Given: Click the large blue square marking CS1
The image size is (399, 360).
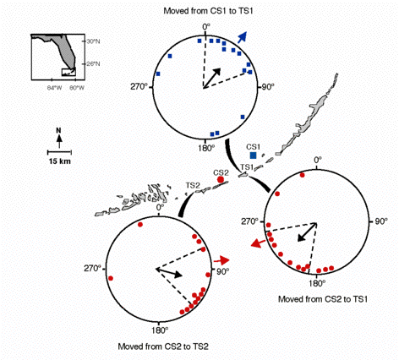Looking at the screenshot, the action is pos(253,155).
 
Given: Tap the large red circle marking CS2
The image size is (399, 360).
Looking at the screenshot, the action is pos(221,179).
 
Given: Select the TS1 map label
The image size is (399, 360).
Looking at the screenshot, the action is pos(247,167).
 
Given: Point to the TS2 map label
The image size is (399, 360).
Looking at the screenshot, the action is pos(193,185).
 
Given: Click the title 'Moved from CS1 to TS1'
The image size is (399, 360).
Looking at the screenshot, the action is pos(208,11).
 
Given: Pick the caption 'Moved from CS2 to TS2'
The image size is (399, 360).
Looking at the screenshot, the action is pos(163,346).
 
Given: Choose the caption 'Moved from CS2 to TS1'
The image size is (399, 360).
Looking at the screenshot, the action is pos(323,299).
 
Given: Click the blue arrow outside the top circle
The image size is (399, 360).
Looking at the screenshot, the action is pos(242,37).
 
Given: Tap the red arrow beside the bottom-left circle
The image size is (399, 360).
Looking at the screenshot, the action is pos(221,260).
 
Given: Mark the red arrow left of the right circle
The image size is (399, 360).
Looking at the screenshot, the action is pos(258,243).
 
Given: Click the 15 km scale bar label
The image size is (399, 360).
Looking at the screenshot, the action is pos(59,161).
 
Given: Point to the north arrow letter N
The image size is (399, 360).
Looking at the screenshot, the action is pos(58,130).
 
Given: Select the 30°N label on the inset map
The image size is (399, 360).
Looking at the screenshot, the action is pos(93,41).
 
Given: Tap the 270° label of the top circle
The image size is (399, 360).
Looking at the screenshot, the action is pos(139,86).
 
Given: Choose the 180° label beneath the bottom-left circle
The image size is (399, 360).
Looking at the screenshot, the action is pos(160,330).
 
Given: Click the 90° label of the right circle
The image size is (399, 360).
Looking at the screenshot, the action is pos(380,221).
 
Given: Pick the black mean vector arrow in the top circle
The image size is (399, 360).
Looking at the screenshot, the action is pos(211,78).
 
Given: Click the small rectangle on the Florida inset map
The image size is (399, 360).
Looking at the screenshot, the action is pos(68,72).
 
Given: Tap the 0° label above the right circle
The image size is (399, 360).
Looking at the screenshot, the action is pos(318,160).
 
